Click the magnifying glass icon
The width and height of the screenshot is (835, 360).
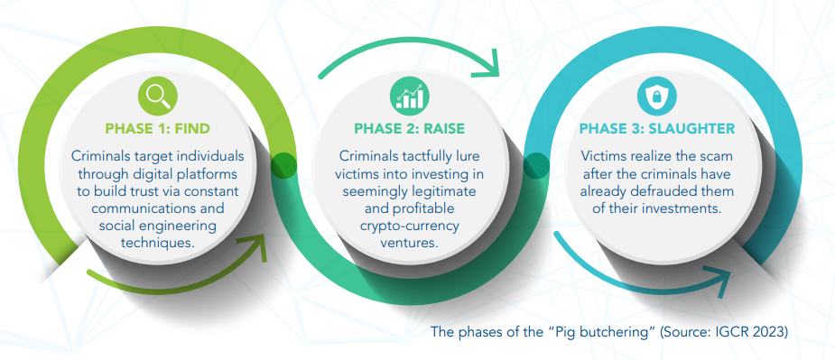(x=158, y=97)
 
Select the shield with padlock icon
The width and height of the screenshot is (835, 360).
(x=656, y=97)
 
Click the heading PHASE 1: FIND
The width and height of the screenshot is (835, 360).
(x=158, y=129)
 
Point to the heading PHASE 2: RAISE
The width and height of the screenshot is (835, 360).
(x=410, y=129)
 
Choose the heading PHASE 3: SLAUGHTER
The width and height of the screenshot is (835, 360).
(x=657, y=129)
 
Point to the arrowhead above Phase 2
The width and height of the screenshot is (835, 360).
(x=487, y=64)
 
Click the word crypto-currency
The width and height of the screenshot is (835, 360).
(x=410, y=226)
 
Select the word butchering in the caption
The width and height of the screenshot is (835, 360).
(x=622, y=332)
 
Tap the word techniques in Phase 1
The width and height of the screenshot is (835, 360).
(x=158, y=244)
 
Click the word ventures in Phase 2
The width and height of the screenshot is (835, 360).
(x=410, y=244)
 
